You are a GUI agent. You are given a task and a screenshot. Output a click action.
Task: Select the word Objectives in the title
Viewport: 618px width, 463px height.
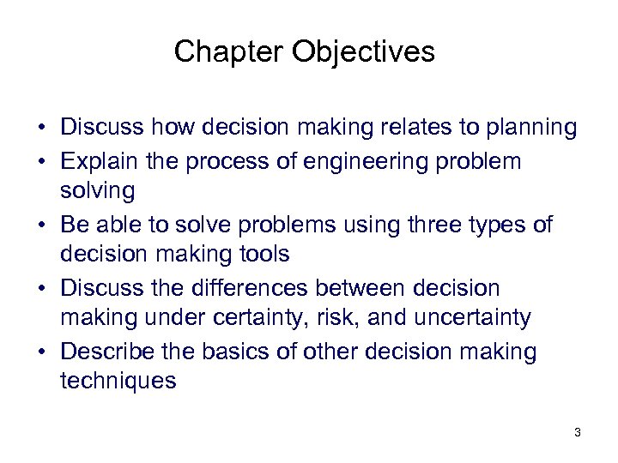[363, 52]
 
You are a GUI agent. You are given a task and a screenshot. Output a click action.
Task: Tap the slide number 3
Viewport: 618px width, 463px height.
[578, 432]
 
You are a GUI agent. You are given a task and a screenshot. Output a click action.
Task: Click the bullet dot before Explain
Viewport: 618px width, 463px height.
[41, 161]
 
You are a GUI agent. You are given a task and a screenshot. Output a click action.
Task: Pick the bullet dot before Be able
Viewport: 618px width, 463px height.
[41, 225]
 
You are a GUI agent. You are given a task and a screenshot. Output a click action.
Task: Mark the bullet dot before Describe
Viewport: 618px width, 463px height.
[41, 352]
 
